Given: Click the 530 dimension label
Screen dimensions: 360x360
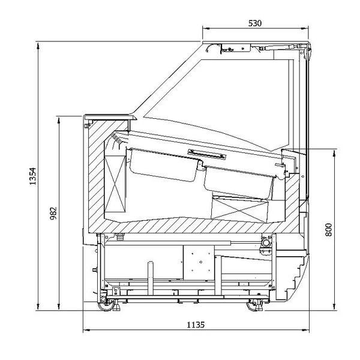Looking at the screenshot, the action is click(x=255, y=23).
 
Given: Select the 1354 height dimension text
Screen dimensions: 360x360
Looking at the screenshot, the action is click(x=32, y=176).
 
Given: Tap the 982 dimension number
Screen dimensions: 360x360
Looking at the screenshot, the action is click(x=53, y=213).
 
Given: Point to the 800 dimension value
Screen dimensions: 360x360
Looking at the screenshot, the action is click(x=329, y=229).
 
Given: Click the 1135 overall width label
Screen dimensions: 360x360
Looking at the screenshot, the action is click(x=196, y=325).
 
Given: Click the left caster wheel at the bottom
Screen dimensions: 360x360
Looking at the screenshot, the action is click(x=107, y=304).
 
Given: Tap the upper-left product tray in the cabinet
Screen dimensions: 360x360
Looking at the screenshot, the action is click(x=163, y=164).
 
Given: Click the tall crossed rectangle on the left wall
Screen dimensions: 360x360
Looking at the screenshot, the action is click(x=115, y=184).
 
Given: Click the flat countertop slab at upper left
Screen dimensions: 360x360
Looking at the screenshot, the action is click(x=110, y=118).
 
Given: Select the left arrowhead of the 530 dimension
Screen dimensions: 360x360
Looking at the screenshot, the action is click(x=206, y=29).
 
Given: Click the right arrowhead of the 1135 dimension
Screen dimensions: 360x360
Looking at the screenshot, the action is click(x=306, y=331).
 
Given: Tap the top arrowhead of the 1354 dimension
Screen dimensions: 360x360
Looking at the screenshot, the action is click(x=38, y=46).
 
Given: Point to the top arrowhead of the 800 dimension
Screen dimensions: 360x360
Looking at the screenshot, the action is click(x=334, y=153).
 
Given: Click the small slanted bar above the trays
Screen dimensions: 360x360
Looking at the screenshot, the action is click(x=207, y=154).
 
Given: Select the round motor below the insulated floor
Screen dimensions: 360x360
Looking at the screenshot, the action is click(x=266, y=242).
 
